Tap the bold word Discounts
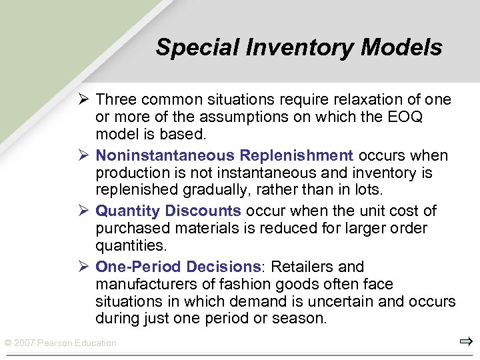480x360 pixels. click(203, 211)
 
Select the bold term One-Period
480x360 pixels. click(139, 267)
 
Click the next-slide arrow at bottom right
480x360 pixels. click(465, 342)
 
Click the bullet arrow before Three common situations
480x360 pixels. click(83, 100)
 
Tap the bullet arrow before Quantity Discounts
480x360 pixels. click(83, 211)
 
